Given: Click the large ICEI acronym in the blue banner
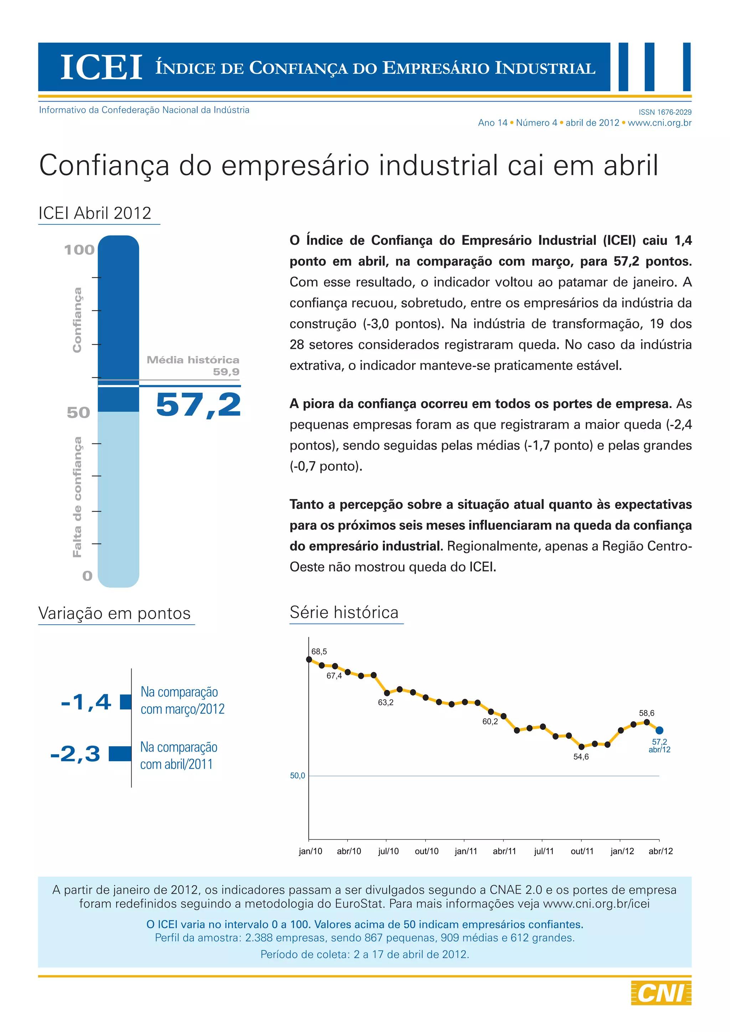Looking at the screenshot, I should [x=101, y=68].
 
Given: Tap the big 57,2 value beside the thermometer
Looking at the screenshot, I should [x=198, y=404].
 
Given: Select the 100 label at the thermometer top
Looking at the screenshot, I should [x=79, y=250].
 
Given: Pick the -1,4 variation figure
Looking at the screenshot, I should [x=86, y=702].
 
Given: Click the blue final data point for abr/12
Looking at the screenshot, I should [x=659, y=731].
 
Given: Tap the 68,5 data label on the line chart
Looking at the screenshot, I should [x=319, y=652].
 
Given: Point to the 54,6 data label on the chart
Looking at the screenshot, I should [x=581, y=757].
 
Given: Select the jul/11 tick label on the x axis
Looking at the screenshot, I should [x=544, y=851].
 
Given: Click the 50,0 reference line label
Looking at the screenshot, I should [x=297, y=776].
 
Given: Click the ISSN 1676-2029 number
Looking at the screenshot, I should [x=665, y=112].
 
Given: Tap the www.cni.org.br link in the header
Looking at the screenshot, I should [x=659, y=123].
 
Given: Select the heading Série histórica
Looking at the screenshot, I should [x=344, y=613].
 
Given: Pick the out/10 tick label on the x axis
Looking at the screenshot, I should [x=427, y=851].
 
